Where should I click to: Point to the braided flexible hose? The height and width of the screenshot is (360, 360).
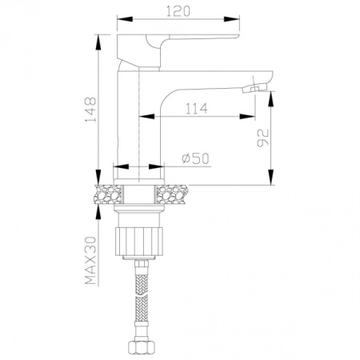coord(142,304)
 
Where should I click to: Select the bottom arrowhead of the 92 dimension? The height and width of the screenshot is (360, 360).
coord(271,180)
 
